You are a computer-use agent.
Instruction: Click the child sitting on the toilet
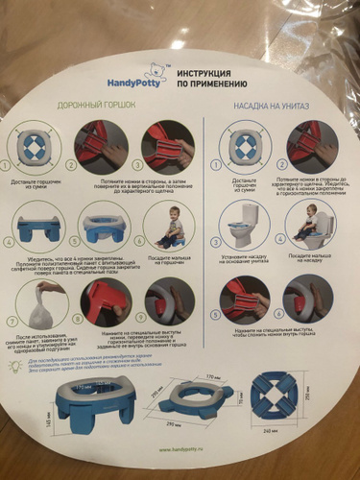click(309, 226)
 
